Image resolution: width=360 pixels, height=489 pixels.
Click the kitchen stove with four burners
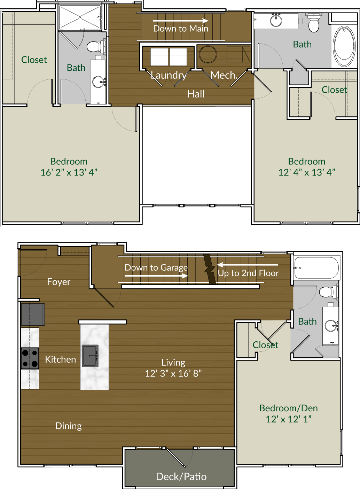[30, 358]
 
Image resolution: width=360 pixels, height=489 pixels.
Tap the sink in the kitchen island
[90, 356]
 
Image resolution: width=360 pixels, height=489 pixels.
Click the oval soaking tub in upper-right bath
[344, 46]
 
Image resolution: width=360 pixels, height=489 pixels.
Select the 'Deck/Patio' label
[181, 476]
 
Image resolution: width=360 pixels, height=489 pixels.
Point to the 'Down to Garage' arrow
[156, 276]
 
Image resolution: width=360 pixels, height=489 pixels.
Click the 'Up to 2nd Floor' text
[248, 273]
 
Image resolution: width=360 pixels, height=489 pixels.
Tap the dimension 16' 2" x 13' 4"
[69, 172]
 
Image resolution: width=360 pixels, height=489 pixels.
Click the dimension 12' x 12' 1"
[288, 419]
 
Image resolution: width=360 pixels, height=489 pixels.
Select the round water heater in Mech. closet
[208, 54]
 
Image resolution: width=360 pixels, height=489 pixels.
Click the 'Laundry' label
[169, 75]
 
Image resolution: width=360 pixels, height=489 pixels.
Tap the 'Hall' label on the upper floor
[196, 94]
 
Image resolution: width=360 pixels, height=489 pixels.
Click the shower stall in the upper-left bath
[80, 17]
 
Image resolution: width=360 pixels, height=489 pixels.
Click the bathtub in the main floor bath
[316, 267]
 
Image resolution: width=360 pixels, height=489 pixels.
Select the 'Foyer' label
[58, 282]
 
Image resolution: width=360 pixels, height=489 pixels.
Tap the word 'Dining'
[68, 426]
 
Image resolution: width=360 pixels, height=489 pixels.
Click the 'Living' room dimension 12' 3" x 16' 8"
[173, 374]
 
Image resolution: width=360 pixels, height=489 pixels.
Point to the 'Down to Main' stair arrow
[180, 21]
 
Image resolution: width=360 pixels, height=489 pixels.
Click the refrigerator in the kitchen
[33, 314]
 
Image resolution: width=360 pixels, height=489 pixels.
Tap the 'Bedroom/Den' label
[288, 408]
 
